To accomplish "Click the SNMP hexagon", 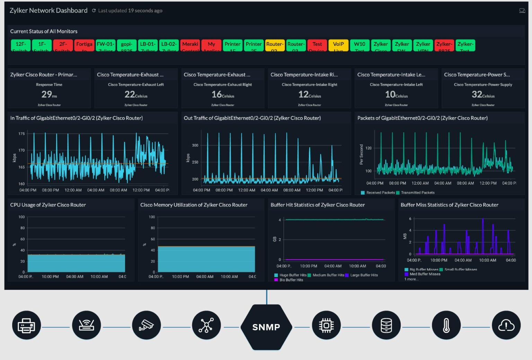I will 266,327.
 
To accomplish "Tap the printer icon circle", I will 26,326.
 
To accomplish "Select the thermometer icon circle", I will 446,326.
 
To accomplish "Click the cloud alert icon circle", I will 506,326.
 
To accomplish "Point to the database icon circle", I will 386,326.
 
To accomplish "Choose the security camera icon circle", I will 146,326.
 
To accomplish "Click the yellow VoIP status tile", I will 338,45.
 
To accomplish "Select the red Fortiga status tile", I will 84,45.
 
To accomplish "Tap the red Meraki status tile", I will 190,45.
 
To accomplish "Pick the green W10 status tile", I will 360,45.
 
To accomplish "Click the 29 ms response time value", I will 49,94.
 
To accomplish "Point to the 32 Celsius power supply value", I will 483,94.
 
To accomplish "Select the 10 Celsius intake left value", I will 396,94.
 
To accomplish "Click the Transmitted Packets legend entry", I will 417,193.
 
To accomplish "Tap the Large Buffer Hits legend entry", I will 364,275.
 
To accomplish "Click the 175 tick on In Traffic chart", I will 21,134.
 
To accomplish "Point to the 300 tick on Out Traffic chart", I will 195,146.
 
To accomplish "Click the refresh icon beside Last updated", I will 94,11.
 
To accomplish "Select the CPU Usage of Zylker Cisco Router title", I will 48,205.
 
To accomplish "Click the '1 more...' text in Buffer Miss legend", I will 411,279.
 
